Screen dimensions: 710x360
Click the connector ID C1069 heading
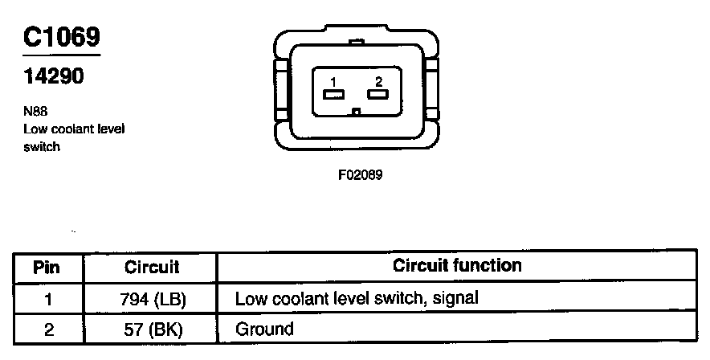click(x=63, y=38)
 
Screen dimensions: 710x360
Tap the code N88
click(x=35, y=113)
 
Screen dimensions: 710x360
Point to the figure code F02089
click(x=360, y=174)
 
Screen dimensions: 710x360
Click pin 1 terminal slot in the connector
click(x=331, y=95)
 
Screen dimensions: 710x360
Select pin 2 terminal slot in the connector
click(x=377, y=95)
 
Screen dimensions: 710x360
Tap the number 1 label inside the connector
click(x=331, y=81)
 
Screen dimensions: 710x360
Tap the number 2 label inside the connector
click(x=377, y=81)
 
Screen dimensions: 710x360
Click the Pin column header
click(x=48, y=266)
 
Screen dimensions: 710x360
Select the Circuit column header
click(x=152, y=266)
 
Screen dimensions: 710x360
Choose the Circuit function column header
click(x=457, y=265)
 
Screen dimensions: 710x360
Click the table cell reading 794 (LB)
click(x=152, y=299)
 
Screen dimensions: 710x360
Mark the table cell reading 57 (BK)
click(x=152, y=329)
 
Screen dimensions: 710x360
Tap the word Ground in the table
click(x=264, y=329)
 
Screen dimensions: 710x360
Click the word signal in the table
click(x=455, y=299)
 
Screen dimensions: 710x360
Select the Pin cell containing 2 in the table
click(x=48, y=329)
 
